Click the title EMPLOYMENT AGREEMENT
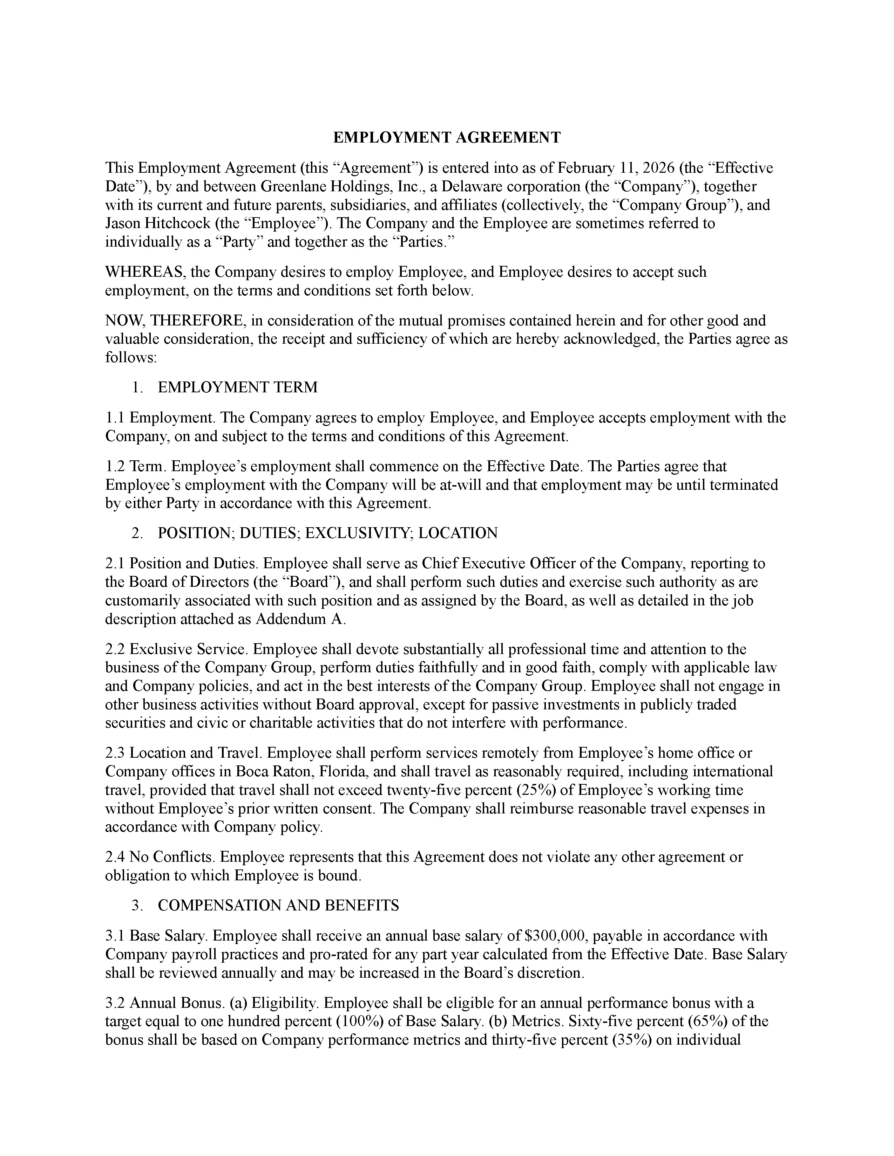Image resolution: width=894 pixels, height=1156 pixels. pos(446,138)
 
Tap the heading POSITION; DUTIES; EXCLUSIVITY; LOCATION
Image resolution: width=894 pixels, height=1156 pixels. pos(327,533)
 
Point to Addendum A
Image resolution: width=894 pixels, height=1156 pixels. pos(300,619)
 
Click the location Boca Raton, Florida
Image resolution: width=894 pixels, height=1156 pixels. pos(300,772)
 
